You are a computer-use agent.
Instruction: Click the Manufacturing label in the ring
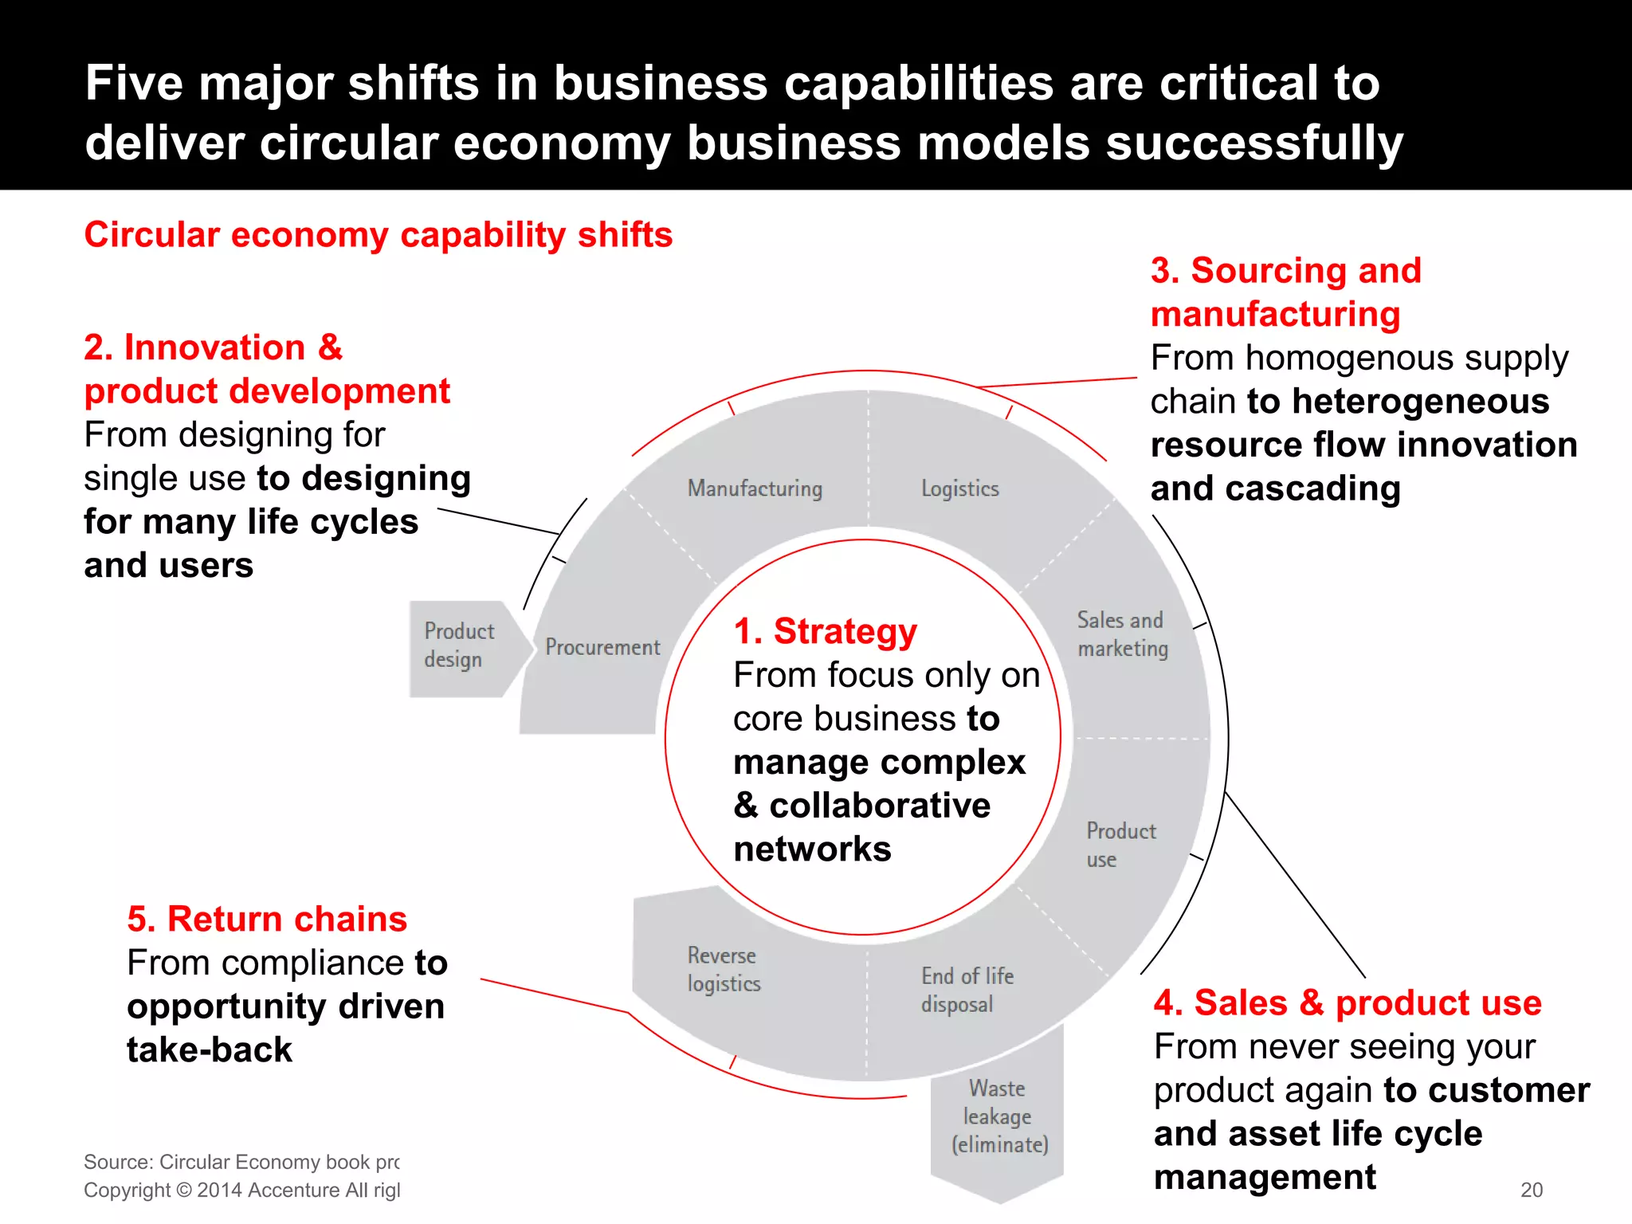click(x=755, y=488)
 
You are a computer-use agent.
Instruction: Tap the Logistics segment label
click(x=959, y=488)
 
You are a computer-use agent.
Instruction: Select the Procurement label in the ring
click(x=602, y=647)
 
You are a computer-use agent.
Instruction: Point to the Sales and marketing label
click(x=1122, y=634)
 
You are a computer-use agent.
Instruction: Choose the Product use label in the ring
click(x=1120, y=845)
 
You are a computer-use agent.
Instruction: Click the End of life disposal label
click(x=967, y=990)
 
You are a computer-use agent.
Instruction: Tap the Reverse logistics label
click(x=724, y=969)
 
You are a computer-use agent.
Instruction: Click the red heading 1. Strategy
click(x=825, y=631)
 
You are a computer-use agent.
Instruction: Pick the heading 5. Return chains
click(x=267, y=919)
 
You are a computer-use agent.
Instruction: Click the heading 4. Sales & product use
click(x=1348, y=1002)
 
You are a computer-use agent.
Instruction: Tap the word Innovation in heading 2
click(x=215, y=347)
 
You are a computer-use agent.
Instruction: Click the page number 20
click(x=1531, y=1190)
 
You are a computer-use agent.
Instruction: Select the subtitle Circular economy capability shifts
click(x=379, y=235)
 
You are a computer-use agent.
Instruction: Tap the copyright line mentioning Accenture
click(x=242, y=1190)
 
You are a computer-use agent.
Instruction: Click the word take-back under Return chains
click(x=210, y=1049)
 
